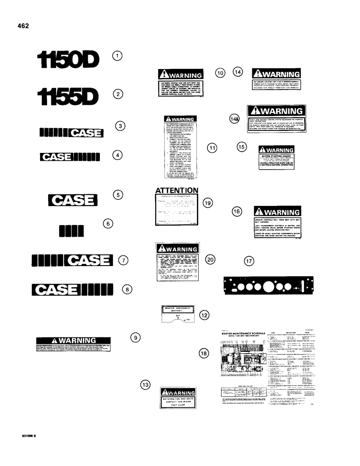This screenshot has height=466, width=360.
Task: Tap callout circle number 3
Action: (120, 126)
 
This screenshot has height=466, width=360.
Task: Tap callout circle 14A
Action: (234, 119)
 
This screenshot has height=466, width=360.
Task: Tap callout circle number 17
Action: (250, 261)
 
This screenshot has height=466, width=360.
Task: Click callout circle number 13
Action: (146, 384)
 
